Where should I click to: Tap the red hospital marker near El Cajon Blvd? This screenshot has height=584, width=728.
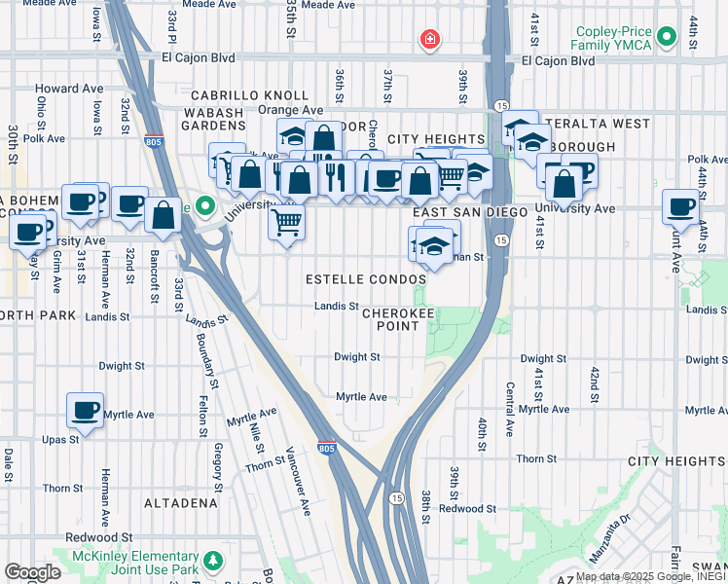[428, 40]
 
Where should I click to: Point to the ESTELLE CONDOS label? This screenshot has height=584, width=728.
[366, 279]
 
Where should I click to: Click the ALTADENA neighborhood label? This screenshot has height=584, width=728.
[181, 503]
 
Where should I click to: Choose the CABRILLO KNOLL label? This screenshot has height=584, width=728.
[243, 95]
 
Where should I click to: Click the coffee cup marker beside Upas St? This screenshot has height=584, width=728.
[85, 409]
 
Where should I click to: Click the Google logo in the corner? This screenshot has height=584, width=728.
[33, 571]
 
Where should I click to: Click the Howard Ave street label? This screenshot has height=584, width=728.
[69, 89]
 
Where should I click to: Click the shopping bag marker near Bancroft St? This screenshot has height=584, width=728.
[164, 214]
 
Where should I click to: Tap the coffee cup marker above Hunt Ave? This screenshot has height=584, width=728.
[679, 206]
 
